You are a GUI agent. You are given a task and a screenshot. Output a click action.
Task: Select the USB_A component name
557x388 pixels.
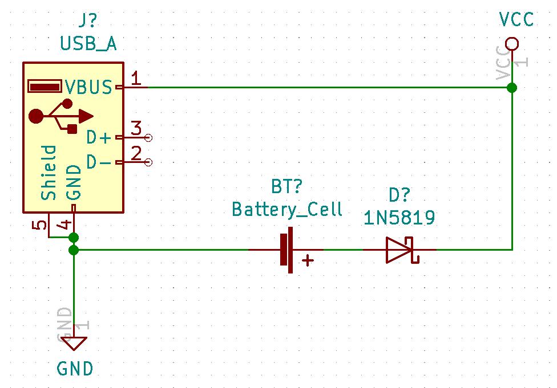[88, 43]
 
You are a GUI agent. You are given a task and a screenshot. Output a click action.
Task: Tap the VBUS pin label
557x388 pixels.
[88, 87]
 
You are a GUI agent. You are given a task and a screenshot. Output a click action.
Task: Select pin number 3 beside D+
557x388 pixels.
[136, 128]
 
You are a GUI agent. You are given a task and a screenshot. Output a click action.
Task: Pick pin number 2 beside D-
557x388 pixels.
[136, 153]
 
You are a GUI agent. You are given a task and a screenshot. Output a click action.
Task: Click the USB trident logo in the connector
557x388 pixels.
[60, 116]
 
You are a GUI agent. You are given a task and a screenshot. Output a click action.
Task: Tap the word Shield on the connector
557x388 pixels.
[50, 173]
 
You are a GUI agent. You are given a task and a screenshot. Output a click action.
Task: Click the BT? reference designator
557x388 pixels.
[286, 187]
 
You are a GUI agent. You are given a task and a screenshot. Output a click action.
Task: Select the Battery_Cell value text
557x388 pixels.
[286, 209]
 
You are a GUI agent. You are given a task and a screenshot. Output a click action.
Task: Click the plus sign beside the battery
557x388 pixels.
[308, 261]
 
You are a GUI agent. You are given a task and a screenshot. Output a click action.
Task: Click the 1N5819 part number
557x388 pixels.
[399, 217]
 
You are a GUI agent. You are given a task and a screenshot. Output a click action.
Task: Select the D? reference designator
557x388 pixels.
[399, 195]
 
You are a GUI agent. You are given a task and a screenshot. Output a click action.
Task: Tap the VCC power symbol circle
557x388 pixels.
[512, 44]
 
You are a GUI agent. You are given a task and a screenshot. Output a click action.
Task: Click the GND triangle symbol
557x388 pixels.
[74, 344]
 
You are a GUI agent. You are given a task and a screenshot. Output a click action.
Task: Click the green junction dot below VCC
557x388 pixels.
[512, 87]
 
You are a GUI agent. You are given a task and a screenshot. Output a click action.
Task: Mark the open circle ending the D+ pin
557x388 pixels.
[149, 137]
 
